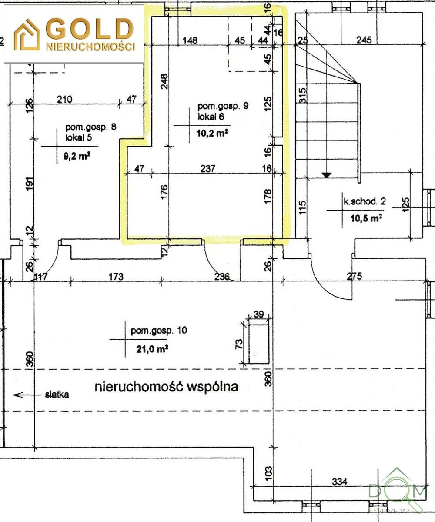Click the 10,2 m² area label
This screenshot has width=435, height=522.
[x=212, y=133]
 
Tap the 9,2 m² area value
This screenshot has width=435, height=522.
[x=77, y=156]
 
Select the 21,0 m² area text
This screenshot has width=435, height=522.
[x=152, y=349]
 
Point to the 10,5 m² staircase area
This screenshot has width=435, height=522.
[x=366, y=218]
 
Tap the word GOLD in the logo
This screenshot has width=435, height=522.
[x=90, y=29]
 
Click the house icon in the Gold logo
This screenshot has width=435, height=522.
[x=27, y=35]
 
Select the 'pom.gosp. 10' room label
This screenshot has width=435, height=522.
[x=159, y=331]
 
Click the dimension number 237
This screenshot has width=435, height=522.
[x=208, y=169]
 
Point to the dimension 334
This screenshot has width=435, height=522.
[x=339, y=482]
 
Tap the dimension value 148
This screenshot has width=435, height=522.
[x=190, y=40]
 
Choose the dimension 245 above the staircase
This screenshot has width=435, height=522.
[x=364, y=40]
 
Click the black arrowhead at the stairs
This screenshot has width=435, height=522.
[x=327, y=175]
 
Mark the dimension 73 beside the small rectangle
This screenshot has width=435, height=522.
[x=239, y=344]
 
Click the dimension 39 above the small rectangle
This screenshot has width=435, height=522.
[x=258, y=314]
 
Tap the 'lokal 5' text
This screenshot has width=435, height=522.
[x=79, y=137]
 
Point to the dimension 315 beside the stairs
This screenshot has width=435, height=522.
[x=302, y=95]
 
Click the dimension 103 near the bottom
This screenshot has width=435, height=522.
[x=268, y=473]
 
